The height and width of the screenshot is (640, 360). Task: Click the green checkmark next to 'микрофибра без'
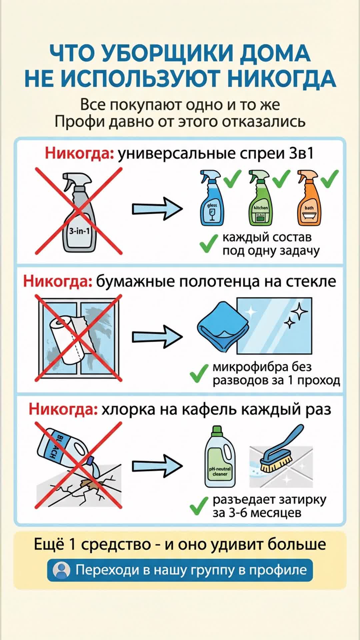[199, 373]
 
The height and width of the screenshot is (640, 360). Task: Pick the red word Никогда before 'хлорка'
[63, 409]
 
